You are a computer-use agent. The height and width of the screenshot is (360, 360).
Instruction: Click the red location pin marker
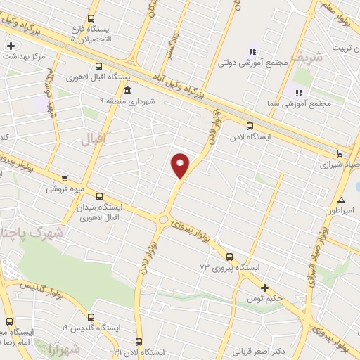pos(181,165)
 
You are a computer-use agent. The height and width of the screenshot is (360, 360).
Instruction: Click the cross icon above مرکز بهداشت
pos(10,46)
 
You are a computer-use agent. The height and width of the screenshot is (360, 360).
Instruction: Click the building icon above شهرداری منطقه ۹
pos(127,91)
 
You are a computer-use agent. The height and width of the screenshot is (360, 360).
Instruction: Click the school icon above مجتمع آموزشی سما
pos(298,93)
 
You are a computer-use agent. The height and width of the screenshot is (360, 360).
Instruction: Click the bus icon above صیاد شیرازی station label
pos(340,152)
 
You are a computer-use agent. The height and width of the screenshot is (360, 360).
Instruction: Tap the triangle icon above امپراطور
pos(341,200)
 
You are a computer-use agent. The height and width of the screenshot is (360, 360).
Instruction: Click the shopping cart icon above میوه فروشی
pos(65,179)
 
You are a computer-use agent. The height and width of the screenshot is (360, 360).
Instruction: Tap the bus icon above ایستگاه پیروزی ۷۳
pos(229,257)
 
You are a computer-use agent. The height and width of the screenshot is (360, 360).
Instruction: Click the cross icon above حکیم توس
pos(265,287)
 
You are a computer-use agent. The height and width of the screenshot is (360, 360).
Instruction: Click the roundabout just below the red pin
pos(165,219)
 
